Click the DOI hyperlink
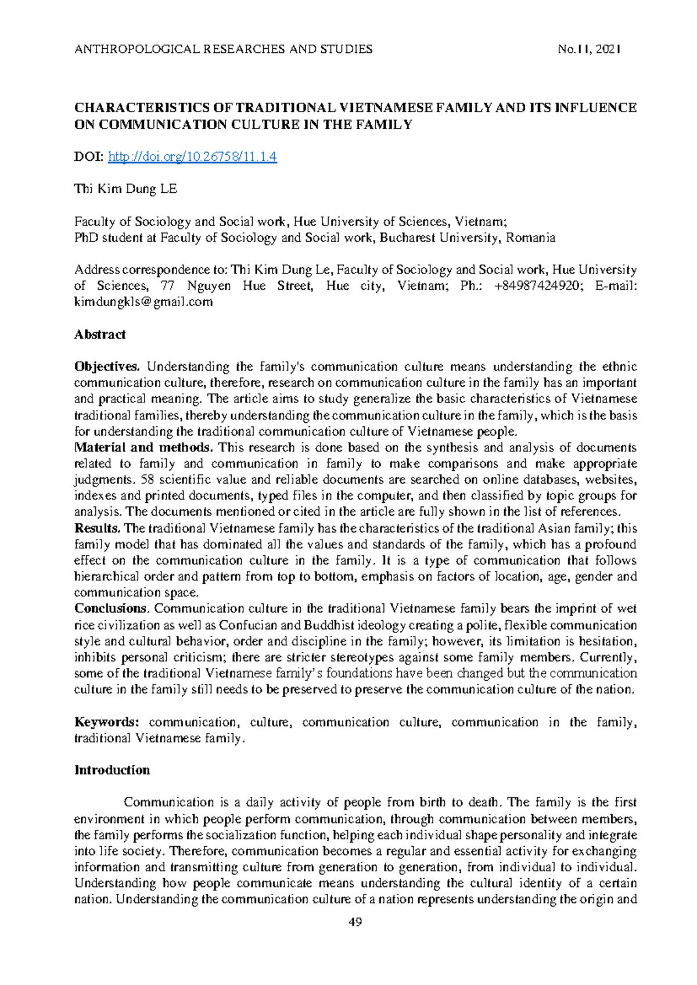[x=192, y=157]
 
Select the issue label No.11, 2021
[x=589, y=49]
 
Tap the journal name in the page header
[x=224, y=49]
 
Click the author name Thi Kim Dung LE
[x=126, y=189]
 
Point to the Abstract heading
[x=100, y=335]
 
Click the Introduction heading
[x=112, y=770]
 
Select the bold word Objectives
[x=107, y=367]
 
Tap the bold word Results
[x=97, y=529]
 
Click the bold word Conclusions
[x=112, y=609]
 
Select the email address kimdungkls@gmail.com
[x=143, y=302]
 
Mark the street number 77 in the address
[x=167, y=286]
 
